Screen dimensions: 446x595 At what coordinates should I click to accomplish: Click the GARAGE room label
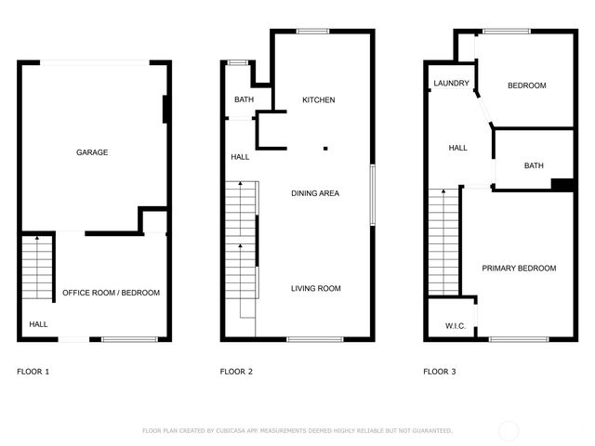[x=92, y=152]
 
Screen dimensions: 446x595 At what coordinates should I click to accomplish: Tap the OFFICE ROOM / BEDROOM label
[x=111, y=293]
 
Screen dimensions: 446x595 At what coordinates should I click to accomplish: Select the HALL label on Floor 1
[x=38, y=324]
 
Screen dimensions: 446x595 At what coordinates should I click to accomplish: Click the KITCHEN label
[x=318, y=100]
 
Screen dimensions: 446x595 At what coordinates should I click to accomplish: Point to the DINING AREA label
[x=315, y=193]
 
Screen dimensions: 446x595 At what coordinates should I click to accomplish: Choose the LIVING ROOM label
[x=315, y=289]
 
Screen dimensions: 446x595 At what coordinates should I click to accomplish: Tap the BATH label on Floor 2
[x=244, y=100]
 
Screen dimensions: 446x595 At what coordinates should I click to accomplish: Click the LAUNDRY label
[x=451, y=85]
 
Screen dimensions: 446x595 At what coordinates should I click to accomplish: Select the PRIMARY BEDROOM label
[x=519, y=269]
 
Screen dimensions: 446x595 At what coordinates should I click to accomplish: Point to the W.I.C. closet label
[x=456, y=326]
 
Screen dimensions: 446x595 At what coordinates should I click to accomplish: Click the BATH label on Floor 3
[x=534, y=166]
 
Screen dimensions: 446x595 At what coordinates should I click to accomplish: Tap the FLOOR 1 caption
[x=33, y=372]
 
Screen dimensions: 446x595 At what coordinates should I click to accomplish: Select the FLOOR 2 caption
[x=236, y=372]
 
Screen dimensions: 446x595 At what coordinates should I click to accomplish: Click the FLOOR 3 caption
[x=440, y=372]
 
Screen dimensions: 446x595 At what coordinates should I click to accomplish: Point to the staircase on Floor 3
[x=443, y=242]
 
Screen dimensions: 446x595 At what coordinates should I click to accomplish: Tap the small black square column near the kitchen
[x=325, y=147]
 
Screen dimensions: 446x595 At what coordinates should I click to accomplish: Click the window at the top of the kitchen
[x=312, y=33]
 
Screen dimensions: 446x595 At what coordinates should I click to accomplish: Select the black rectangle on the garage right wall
[x=165, y=109]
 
